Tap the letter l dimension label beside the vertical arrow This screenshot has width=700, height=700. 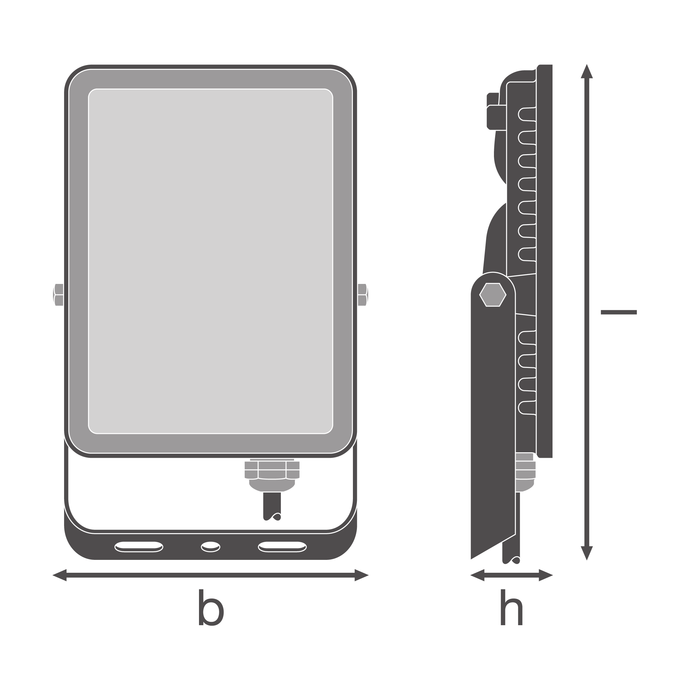[619, 312]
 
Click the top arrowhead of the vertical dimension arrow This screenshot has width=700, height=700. [587, 71]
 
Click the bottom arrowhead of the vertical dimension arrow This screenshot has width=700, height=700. [587, 553]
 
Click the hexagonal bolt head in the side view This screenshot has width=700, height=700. [493, 295]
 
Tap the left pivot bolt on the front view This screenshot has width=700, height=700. [58, 295]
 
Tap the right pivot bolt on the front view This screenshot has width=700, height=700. [363, 295]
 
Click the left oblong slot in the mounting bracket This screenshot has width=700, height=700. [139, 547]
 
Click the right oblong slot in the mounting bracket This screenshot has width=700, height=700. [282, 547]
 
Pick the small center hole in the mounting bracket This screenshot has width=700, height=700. [211, 547]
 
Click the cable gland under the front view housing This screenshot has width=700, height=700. [272, 475]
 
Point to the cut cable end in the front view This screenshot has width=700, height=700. [272, 506]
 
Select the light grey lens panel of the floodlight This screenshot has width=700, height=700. [211, 261]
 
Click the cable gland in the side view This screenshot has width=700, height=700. [525, 472]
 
